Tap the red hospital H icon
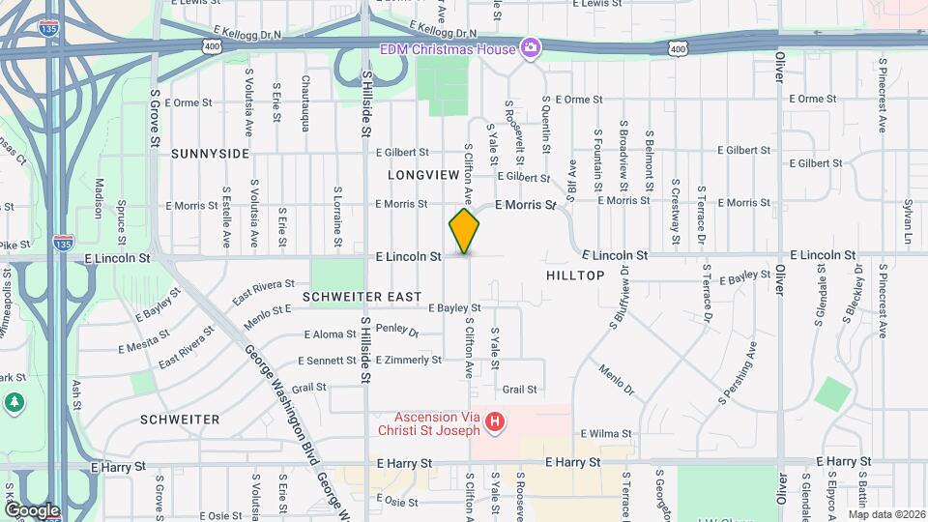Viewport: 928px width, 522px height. coord(494,421)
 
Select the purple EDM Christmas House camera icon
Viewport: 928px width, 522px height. coord(530,47)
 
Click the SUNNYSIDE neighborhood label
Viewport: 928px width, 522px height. coord(210,154)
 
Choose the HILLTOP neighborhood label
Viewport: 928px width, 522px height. coord(575,275)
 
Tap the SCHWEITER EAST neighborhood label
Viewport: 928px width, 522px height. coord(362,296)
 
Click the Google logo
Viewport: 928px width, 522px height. coord(31,509)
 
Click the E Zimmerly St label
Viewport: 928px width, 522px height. coord(408,360)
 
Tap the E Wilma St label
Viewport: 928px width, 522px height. coord(605,434)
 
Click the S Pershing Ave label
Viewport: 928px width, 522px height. coord(736,372)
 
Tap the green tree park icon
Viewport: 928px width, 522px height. coord(14,401)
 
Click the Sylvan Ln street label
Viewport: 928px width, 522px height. coord(908,222)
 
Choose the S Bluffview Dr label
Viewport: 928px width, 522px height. coord(620,301)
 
